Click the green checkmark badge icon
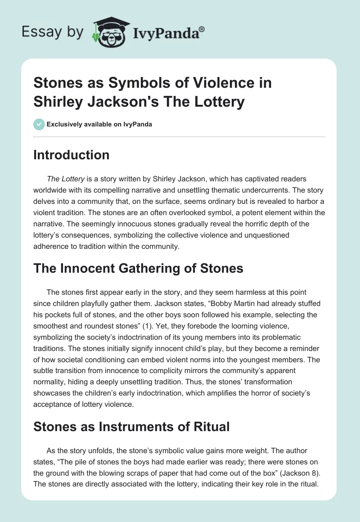pos(39,124)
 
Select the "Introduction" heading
pos(71,155)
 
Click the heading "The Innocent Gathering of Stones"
pos(138,268)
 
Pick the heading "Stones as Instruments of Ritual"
pos(131,426)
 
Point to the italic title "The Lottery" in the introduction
pos(66,179)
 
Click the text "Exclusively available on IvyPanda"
pos(99,124)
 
